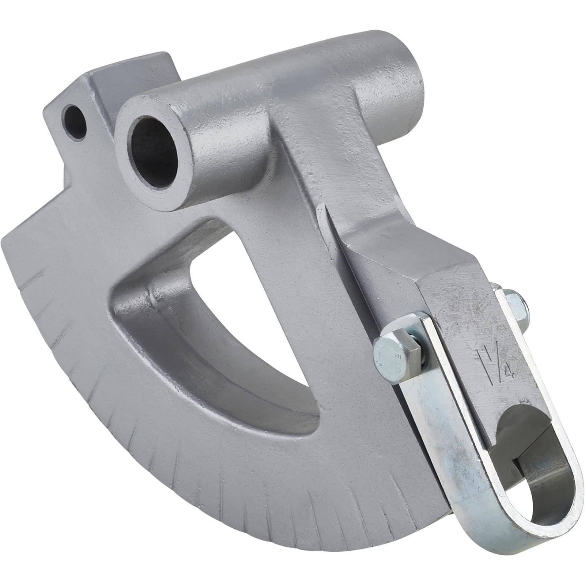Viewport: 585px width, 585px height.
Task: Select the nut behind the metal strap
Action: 514,303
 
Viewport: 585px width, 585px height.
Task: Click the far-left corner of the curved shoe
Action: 5,239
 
